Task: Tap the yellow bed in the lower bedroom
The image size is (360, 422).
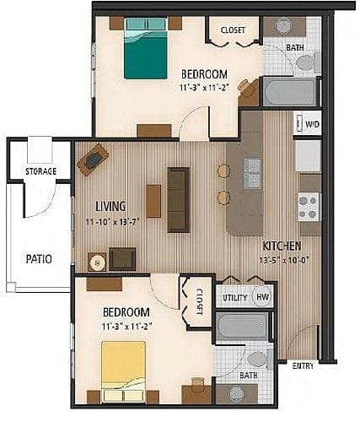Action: pos(123,364)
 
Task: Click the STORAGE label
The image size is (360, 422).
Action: pos(40,171)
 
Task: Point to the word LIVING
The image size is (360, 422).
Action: pos(110,205)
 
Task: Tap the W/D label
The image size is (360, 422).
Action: pos(311,125)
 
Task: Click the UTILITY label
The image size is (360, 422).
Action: pos(234,298)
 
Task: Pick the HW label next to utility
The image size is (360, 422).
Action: pos(262,298)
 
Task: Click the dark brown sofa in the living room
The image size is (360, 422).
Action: pos(178,199)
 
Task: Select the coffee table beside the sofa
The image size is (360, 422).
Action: pos(153,201)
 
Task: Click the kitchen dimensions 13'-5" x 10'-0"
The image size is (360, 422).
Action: pos(282,260)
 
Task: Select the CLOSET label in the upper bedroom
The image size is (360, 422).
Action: pos(233,30)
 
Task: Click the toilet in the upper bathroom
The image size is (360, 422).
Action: pos(305,61)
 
